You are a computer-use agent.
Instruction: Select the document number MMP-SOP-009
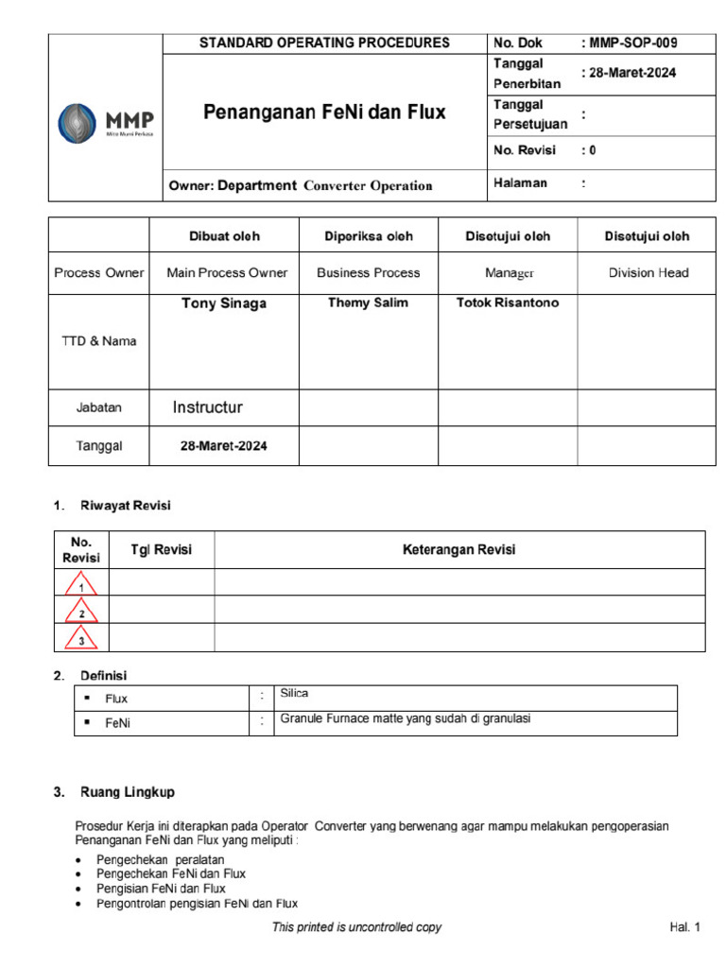click(631, 43)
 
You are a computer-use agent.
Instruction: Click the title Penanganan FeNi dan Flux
click(324, 113)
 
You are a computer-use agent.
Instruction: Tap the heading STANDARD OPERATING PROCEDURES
click(324, 43)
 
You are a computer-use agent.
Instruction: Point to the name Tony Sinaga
click(224, 303)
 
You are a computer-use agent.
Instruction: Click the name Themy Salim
click(368, 303)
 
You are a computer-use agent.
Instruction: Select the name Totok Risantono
click(507, 303)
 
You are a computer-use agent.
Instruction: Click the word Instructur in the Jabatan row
click(208, 407)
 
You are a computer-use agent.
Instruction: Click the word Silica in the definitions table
click(295, 694)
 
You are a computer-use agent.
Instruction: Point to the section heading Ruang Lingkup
click(125, 791)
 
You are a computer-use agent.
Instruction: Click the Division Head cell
click(648, 272)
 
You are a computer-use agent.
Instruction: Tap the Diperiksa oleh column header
click(368, 236)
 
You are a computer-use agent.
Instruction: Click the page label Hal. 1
click(684, 927)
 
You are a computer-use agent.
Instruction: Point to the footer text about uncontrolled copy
click(356, 927)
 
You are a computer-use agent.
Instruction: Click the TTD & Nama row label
click(99, 341)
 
